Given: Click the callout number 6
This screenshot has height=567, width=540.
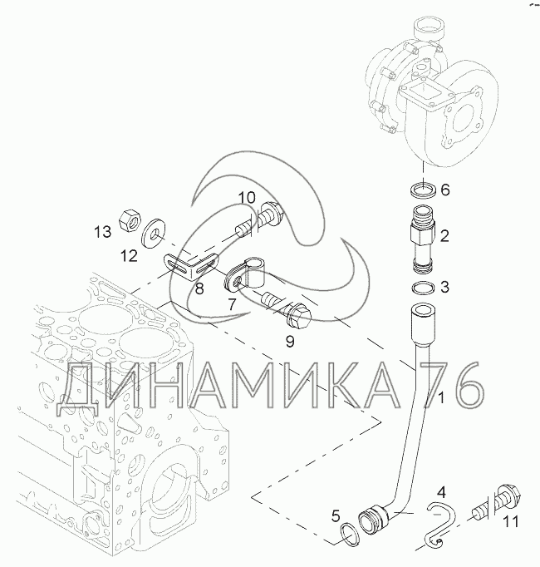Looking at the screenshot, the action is pyautogui.click(x=445, y=190).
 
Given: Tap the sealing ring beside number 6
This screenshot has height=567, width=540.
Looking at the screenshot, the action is pyautogui.click(x=423, y=190).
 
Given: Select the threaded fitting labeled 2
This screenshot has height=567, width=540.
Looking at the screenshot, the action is pyautogui.click(x=423, y=239).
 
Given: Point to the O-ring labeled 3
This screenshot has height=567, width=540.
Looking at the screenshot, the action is pyautogui.click(x=423, y=288).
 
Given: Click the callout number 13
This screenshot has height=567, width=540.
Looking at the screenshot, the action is pyautogui.click(x=103, y=231).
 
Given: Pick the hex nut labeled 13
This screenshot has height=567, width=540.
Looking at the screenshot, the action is pyautogui.click(x=130, y=219).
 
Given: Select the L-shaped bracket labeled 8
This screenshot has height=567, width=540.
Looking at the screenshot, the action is pyautogui.click(x=192, y=266).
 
